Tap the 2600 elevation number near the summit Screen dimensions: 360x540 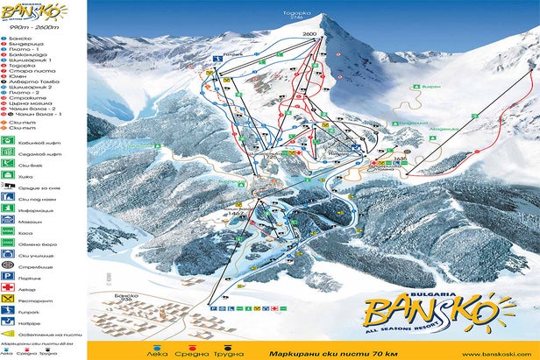coord(309,33)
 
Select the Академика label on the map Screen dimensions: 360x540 coord(442,128)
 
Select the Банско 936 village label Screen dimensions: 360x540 coord(127,300)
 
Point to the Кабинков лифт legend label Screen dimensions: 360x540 coord(37,138)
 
